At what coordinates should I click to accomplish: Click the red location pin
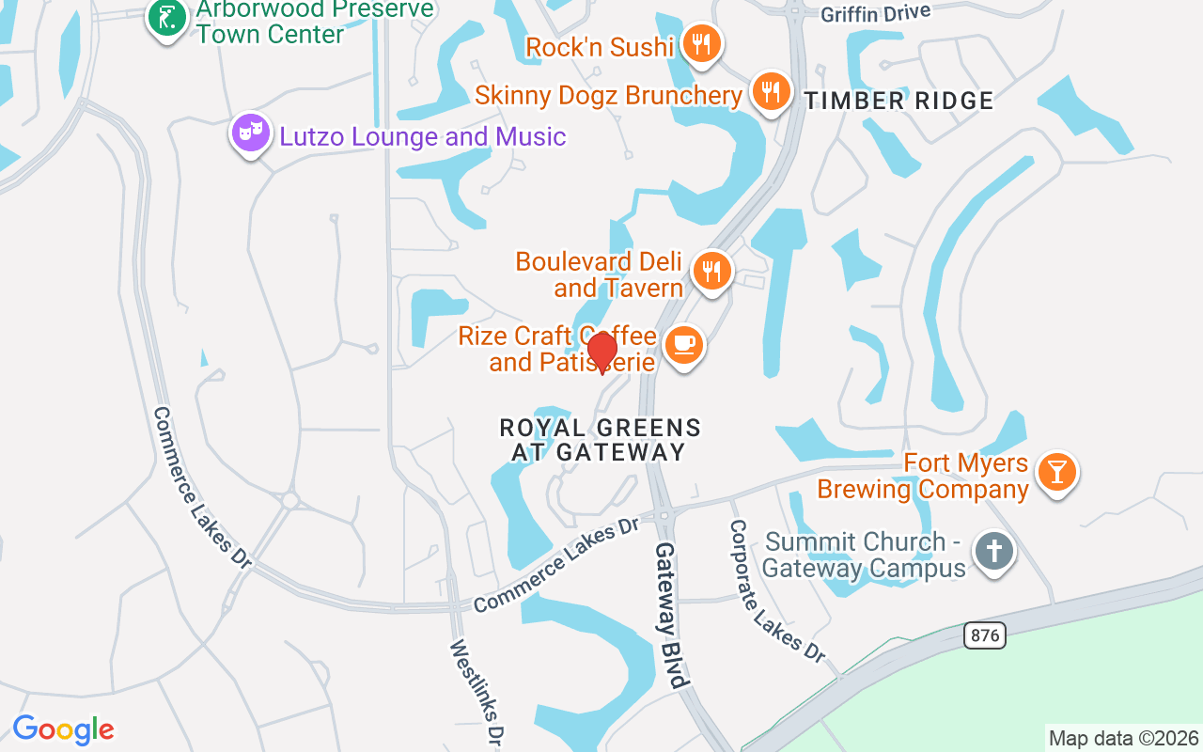(x=602, y=352)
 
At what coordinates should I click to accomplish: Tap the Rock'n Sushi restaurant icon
(x=700, y=43)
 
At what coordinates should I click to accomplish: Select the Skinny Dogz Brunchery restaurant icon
(x=771, y=91)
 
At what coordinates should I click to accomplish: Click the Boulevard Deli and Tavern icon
(x=712, y=272)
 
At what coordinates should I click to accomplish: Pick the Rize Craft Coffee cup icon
(x=683, y=345)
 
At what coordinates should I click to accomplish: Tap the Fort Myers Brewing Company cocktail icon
(x=1056, y=473)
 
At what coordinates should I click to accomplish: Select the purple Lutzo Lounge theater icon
(x=250, y=133)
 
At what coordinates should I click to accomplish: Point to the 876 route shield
(x=984, y=635)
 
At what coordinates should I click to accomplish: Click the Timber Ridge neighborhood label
(x=898, y=102)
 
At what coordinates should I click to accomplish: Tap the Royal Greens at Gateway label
(x=600, y=440)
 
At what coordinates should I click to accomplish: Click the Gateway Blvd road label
(x=672, y=616)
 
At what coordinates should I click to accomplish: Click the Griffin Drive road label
(x=875, y=13)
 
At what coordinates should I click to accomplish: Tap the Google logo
(x=63, y=729)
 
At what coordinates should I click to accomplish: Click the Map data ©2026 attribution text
(x=1123, y=738)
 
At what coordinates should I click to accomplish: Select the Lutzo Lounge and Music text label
(x=423, y=137)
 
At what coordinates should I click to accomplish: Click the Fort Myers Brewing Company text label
(x=923, y=477)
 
